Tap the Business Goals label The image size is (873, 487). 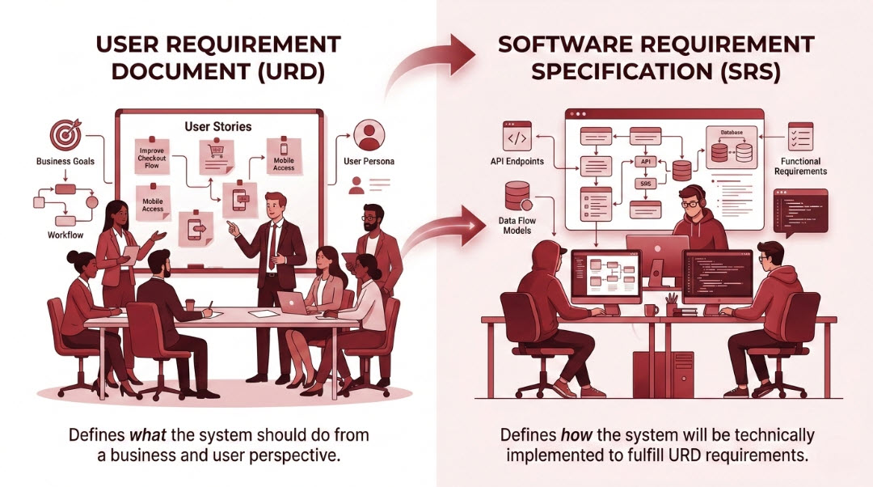coord(65,161)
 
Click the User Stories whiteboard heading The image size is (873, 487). coord(217,126)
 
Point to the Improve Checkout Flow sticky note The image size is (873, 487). coord(152,155)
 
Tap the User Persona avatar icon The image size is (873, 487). coord(369,134)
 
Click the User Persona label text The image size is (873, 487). coord(369,161)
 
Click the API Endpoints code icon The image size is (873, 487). coord(517,138)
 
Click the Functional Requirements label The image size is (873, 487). coord(800,166)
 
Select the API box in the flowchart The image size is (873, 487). coord(645,162)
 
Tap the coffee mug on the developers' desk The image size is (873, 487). coord(652,310)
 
